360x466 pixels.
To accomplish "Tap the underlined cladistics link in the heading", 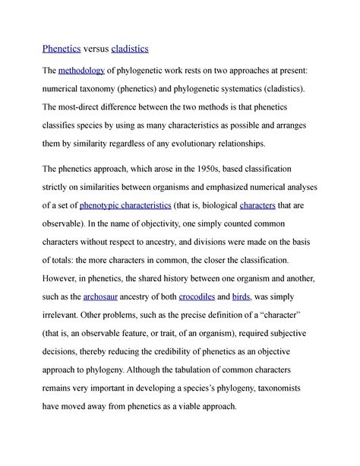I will [130, 49].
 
